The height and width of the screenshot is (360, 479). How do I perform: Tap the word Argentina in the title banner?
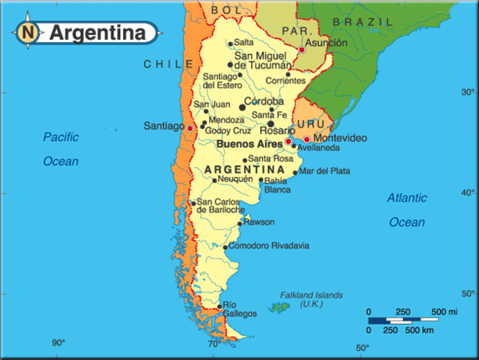(x=97, y=33)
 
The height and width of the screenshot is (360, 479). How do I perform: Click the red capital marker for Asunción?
(x=301, y=50)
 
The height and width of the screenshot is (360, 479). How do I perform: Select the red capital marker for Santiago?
(x=190, y=128)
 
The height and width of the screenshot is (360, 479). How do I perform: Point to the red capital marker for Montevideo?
(x=307, y=139)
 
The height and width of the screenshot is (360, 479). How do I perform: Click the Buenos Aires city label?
(x=249, y=142)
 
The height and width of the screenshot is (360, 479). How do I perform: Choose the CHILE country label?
(x=169, y=64)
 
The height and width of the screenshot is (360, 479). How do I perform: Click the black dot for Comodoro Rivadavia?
(x=225, y=247)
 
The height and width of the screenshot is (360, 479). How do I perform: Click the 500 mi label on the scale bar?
(x=445, y=312)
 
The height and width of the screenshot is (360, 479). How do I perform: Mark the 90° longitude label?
(x=58, y=343)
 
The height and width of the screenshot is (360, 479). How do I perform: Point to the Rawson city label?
(x=259, y=222)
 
